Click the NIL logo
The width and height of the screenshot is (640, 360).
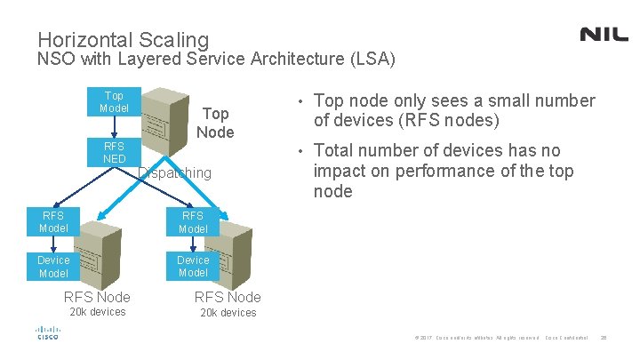pos(604,34)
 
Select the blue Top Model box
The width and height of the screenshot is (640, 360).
pos(114,101)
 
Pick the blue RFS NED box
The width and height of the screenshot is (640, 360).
pos(114,152)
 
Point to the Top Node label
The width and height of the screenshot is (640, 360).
pos(215,123)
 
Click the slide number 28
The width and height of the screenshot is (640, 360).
pos(604,339)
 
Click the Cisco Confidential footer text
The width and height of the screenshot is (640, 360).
pos(567,339)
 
